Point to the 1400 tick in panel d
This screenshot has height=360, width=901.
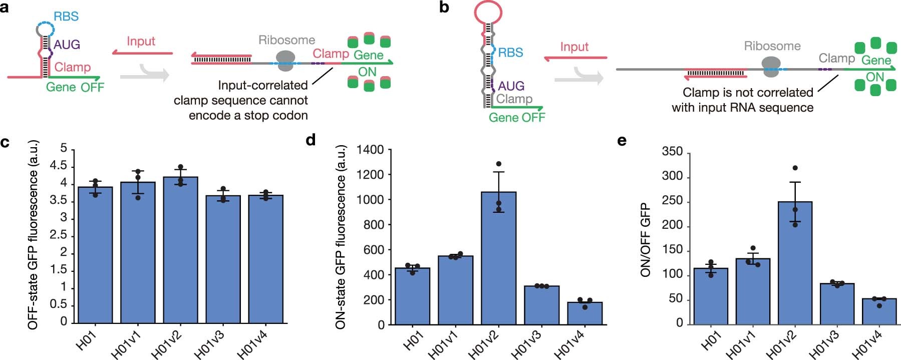[x=370, y=150]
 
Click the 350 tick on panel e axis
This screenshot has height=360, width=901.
[x=672, y=152]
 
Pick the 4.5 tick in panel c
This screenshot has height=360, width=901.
[x=58, y=166]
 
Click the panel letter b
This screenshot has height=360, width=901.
[x=444, y=8]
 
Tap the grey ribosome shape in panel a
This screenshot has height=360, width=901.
[x=285, y=61]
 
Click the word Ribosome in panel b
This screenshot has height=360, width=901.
[x=772, y=46]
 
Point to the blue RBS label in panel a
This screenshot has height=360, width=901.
[x=66, y=17]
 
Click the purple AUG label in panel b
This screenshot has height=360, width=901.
[x=511, y=86]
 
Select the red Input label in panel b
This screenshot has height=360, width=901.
[x=574, y=47]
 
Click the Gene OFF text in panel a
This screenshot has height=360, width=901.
[x=75, y=87]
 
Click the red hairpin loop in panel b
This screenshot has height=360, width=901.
[x=489, y=12]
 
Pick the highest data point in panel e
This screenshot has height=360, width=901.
[x=795, y=168]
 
